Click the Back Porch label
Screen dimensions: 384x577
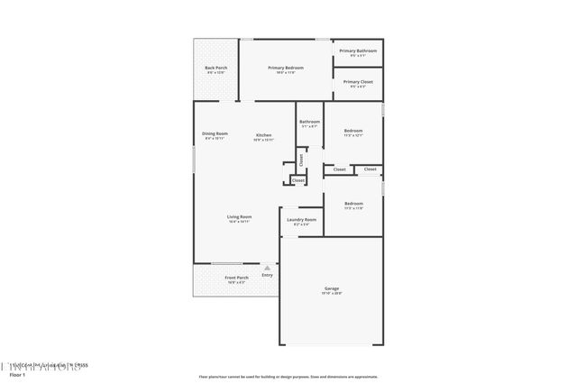pos(215,68)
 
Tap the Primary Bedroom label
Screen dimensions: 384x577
pos(286,68)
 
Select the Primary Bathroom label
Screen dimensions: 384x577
pos(357,50)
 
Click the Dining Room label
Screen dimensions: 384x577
pos(215,133)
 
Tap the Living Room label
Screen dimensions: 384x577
pos(239,216)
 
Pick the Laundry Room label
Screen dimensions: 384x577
pos(302,219)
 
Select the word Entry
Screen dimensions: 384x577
pos(267,275)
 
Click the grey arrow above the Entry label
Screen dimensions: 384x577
pos(267,267)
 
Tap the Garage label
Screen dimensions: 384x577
pos(333,288)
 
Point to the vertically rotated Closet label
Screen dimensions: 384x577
pos(301,159)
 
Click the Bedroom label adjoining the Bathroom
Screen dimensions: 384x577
pos(353,131)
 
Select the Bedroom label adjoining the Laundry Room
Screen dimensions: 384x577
pos(353,203)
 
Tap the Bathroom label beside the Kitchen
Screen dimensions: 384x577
pos(310,121)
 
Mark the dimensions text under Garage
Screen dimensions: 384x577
pos(333,294)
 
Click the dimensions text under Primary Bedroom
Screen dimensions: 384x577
pos(286,73)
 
